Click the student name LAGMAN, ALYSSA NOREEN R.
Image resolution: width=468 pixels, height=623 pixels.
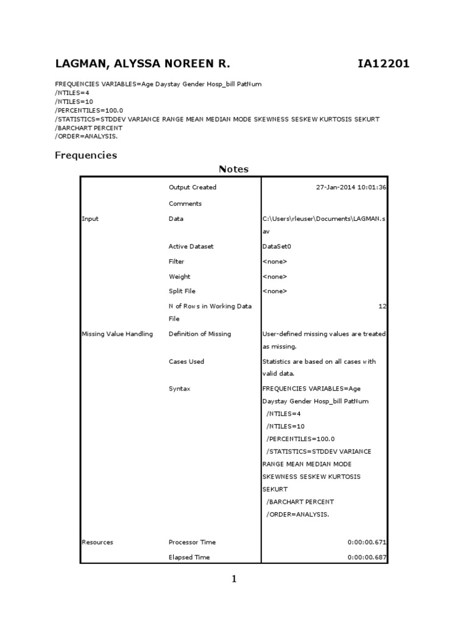[143, 64]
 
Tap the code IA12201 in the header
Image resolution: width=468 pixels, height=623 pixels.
[383, 64]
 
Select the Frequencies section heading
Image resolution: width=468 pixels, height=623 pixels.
[86, 155]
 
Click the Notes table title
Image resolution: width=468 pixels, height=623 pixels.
[233, 169]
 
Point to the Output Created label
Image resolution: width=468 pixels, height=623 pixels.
[193, 187]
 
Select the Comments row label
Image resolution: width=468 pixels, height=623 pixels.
[185, 204]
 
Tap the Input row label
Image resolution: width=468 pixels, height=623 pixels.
[90, 219]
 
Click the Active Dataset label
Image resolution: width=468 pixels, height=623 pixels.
[191, 246]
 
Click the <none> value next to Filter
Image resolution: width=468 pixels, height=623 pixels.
[275, 262]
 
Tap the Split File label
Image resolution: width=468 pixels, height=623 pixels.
[182, 291]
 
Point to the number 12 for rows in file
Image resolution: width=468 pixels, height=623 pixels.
[383, 307]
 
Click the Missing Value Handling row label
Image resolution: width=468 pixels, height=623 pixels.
[117, 334]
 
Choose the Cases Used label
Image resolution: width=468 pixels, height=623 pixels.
[186, 361]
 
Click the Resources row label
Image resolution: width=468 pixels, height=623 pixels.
[97, 542]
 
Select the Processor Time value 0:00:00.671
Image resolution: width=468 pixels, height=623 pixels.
[367, 542]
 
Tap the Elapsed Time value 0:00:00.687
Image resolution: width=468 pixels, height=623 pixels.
[367, 557]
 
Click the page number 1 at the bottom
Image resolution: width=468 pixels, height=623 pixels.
[233, 579]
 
